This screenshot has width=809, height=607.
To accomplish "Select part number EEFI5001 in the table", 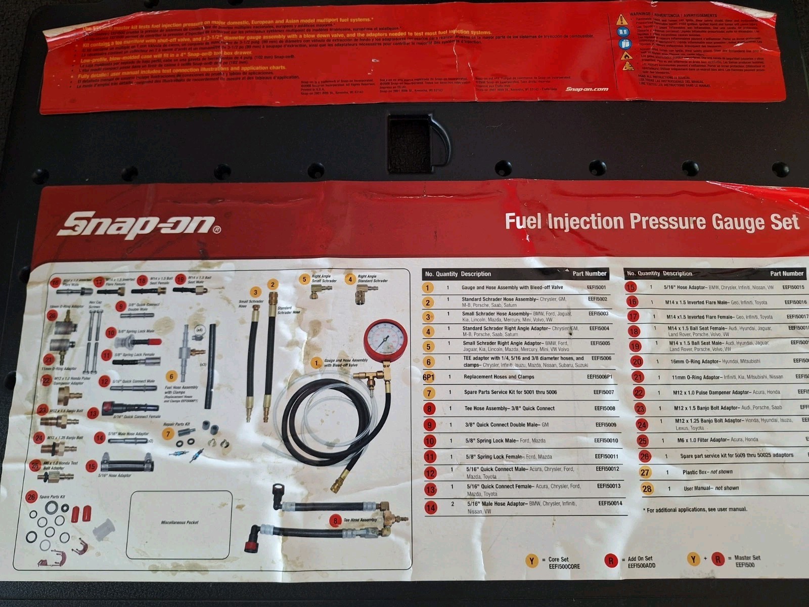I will click(x=597, y=287).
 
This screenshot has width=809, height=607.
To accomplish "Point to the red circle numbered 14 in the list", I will click(x=431, y=507).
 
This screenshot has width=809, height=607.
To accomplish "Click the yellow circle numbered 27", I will click(x=645, y=472).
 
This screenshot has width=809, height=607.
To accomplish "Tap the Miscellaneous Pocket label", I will click(x=179, y=523).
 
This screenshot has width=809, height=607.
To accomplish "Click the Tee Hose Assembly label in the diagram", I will click(x=360, y=520).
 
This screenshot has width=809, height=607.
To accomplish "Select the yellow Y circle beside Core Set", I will click(x=531, y=561).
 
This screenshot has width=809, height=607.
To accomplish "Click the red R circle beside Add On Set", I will click(x=611, y=560).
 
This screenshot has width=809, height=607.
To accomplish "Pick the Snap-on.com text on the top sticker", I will click(x=587, y=90).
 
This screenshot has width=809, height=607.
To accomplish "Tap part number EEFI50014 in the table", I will click(x=610, y=503).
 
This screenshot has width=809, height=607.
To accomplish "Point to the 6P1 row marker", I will click(x=429, y=377).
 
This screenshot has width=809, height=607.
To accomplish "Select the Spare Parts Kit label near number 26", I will click(x=52, y=497).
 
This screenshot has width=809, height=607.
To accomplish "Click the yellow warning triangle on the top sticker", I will click(x=622, y=20).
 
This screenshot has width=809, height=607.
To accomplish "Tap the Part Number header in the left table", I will click(x=589, y=274).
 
